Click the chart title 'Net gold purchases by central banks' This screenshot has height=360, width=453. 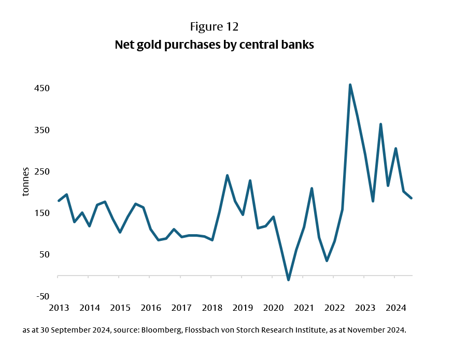click(x=214, y=45)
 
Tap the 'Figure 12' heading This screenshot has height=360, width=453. click(x=214, y=27)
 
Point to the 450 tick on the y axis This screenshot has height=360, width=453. click(x=42, y=88)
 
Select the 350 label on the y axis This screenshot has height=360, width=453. click(x=42, y=129)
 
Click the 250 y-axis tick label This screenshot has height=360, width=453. click(x=42, y=171)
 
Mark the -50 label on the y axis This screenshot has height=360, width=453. click(x=42, y=296)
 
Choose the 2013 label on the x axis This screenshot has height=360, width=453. click(x=59, y=308)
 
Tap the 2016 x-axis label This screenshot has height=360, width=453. click(x=150, y=308)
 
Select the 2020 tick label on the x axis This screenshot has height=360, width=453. click(x=273, y=308)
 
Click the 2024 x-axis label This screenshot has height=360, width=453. click(x=395, y=308)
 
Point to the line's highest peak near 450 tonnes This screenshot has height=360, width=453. click(x=350, y=84)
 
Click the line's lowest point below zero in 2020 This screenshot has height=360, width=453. click(x=288, y=280)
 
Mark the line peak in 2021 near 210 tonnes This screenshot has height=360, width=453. click(x=312, y=189)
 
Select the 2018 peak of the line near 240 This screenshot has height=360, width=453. click(x=227, y=176)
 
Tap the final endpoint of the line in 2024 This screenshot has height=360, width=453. click(x=412, y=198)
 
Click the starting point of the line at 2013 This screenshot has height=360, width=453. click(x=58, y=201)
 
